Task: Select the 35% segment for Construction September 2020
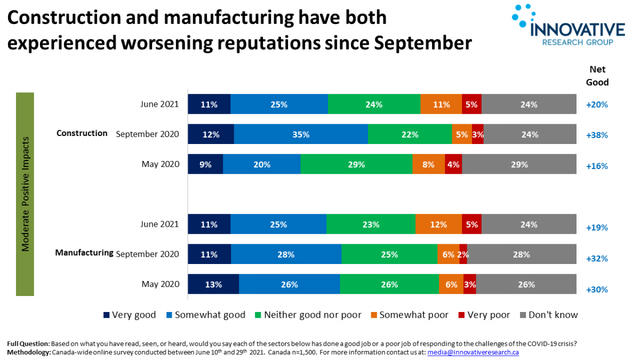tap(301, 135)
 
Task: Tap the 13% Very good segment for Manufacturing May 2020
tap(213, 285)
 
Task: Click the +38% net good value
tap(597, 135)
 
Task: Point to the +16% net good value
tap(597, 166)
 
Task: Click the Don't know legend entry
tap(549, 315)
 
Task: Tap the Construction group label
tap(82, 133)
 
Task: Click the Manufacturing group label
tap(84, 253)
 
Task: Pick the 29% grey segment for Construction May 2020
tap(519, 165)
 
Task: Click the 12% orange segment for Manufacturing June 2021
tap(438, 225)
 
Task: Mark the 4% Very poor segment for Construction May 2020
tap(453, 165)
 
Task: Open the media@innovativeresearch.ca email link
tap(473, 353)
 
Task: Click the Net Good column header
tap(597, 76)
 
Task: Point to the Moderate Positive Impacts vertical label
tap(25, 194)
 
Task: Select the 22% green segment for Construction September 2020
tap(410, 135)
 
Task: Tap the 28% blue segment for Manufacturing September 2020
tap(286, 255)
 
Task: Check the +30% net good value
tap(597, 290)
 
